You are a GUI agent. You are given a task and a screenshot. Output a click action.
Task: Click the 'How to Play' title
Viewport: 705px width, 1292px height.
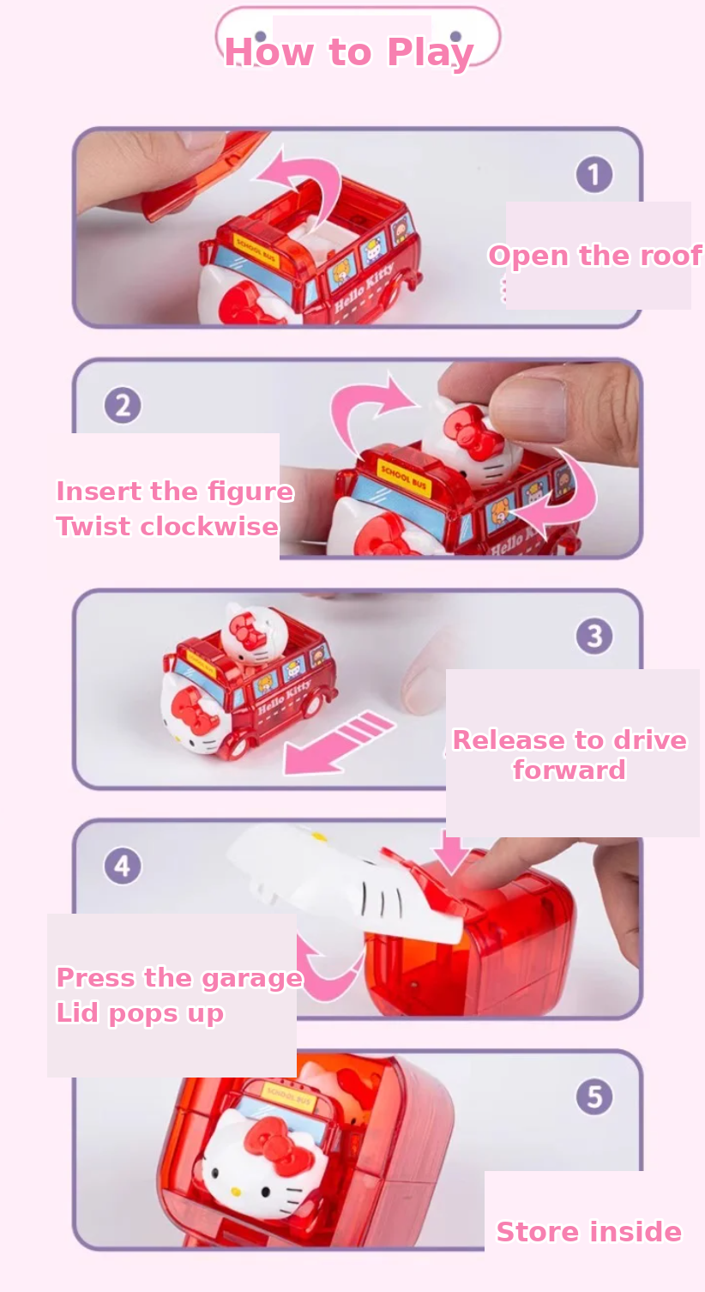(349, 52)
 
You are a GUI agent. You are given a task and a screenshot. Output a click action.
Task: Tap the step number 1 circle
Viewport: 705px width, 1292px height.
(594, 174)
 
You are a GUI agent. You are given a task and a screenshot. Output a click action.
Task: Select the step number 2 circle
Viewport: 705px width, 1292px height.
(122, 405)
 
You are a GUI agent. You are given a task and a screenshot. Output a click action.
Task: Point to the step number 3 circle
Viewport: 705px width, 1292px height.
(594, 636)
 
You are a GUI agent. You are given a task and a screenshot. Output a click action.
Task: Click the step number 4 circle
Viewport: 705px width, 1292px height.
(122, 866)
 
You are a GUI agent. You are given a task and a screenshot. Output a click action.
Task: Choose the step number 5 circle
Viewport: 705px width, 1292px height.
(594, 1096)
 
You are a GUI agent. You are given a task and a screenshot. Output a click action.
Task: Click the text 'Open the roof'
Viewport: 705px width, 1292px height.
(595, 256)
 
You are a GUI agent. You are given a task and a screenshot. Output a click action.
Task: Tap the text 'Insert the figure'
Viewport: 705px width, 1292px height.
(175, 492)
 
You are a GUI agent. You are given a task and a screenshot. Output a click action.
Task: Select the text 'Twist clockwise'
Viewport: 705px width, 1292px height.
(167, 526)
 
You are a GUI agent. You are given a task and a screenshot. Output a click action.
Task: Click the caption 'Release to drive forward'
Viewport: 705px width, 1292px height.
(569, 754)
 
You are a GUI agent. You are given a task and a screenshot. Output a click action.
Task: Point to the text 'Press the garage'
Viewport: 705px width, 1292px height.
(179, 979)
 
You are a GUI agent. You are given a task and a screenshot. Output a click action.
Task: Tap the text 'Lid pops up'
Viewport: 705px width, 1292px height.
(140, 1013)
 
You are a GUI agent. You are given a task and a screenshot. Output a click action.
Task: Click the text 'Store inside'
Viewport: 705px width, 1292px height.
(589, 1231)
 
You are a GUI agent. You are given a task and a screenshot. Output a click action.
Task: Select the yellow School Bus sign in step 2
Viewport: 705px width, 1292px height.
(404, 476)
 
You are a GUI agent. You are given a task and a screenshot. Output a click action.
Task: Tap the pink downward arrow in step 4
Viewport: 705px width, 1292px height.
(451, 853)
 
